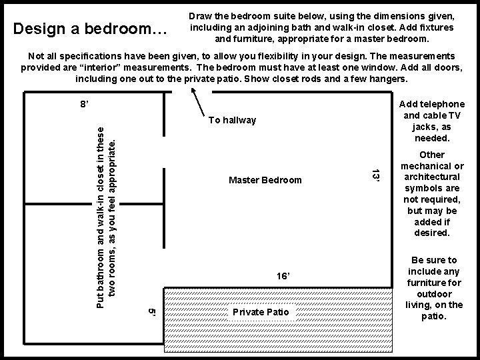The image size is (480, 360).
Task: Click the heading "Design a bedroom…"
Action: [x=90, y=29]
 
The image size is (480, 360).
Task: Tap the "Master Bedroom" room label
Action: [x=265, y=180]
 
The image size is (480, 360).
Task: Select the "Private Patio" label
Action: [x=261, y=312]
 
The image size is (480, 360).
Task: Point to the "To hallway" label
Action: [x=232, y=120]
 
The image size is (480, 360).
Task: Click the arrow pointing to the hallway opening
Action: [x=198, y=102]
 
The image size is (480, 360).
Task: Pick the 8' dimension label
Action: [x=84, y=104]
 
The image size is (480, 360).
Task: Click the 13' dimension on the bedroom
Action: [x=375, y=175]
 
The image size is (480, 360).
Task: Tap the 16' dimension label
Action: [x=283, y=276]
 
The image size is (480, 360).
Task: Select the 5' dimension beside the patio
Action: [x=152, y=312]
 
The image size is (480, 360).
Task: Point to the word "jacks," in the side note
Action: [x=431, y=127]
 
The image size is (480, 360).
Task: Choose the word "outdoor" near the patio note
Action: [x=435, y=294]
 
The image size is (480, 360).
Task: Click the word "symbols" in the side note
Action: [x=432, y=188]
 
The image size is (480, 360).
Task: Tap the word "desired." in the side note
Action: [x=432, y=233]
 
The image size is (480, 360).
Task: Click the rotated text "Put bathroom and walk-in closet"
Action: [x=100, y=217]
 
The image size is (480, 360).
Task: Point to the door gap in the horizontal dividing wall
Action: [x=105, y=204]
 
